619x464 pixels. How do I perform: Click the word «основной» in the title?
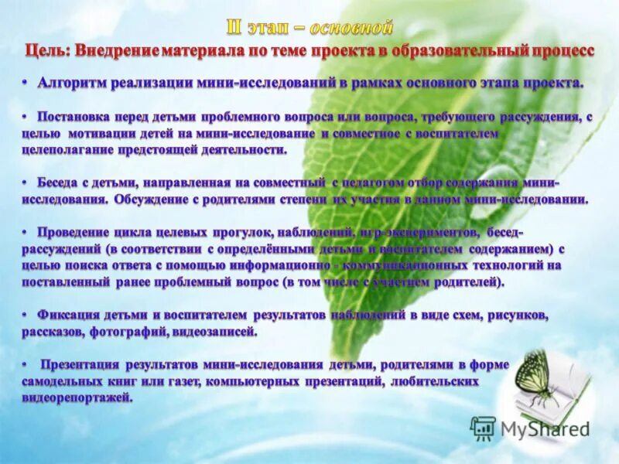[351, 29]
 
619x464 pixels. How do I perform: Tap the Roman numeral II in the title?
[236, 29]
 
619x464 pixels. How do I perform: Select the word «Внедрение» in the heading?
[116, 50]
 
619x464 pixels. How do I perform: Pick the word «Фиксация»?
[69, 316]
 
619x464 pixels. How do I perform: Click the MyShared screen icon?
[484, 428]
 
